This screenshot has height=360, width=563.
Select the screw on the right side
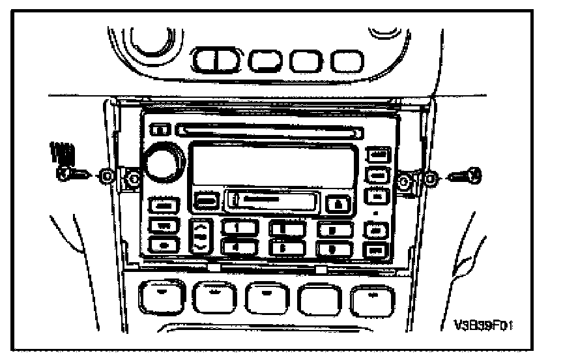[467, 175]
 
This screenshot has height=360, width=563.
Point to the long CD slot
[267, 130]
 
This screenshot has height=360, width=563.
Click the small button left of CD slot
[159, 129]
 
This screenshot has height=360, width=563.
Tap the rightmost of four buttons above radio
[347, 62]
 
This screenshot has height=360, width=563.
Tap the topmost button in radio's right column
[377, 155]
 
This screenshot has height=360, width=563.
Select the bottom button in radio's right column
[377, 250]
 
